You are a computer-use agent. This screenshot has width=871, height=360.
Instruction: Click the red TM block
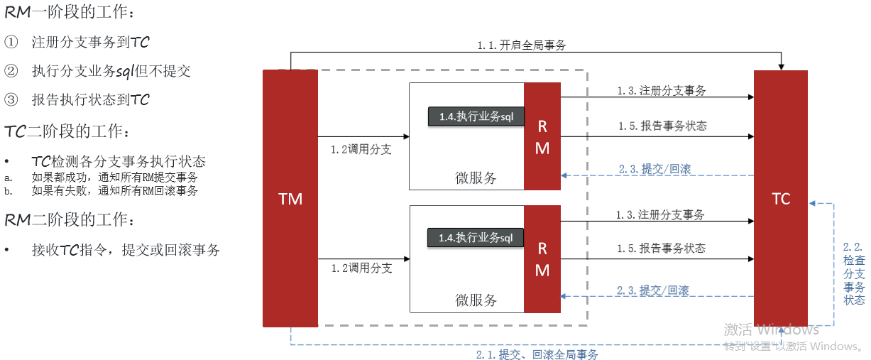(x=290, y=199)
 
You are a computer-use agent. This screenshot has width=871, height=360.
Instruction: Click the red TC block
(x=781, y=199)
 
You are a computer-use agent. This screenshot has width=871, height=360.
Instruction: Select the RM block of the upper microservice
(x=542, y=136)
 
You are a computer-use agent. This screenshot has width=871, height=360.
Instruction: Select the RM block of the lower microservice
(x=542, y=258)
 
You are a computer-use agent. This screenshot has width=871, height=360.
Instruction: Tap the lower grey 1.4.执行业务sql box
(x=476, y=238)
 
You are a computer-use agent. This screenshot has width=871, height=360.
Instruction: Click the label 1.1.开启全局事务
(x=522, y=45)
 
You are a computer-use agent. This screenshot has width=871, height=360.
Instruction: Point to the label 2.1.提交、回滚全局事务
(x=537, y=354)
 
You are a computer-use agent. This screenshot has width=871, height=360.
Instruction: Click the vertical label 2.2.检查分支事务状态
(x=853, y=273)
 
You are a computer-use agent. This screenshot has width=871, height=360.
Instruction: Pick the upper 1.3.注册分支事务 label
(x=661, y=91)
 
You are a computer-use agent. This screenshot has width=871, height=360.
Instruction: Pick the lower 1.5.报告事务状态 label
(x=661, y=248)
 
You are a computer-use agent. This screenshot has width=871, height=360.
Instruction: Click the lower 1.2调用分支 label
(x=361, y=268)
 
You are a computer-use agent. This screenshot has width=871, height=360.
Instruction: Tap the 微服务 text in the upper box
(x=476, y=178)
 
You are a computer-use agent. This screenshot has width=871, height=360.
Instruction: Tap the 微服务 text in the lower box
(x=476, y=300)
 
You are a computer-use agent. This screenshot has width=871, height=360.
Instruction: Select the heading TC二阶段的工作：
(x=67, y=131)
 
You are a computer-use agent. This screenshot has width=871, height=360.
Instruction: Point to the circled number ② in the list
(x=11, y=71)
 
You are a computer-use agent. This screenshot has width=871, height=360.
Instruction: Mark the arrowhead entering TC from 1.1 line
(x=781, y=66)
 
